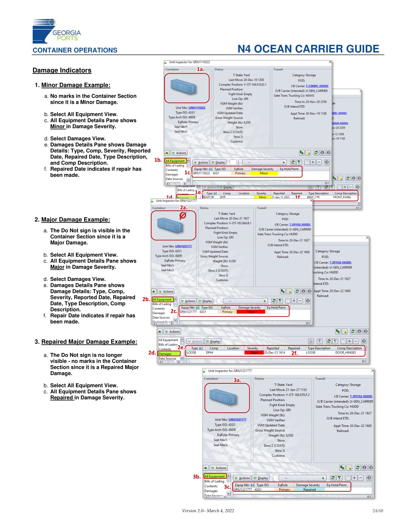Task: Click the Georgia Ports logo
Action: point(56,31)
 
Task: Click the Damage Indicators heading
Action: point(62,70)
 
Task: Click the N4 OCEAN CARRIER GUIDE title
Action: point(308,49)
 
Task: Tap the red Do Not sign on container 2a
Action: point(183,216)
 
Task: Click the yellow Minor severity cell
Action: point(264,173)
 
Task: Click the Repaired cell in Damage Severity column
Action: point(309,490)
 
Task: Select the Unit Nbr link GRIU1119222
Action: point(197,108)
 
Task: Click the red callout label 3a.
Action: point(237,380)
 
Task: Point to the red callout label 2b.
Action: point(146,299)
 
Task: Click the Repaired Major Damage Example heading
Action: point(89,342)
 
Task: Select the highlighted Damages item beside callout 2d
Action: point(169,354)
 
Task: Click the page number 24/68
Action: point(378,511)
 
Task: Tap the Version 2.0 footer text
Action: point(208,511)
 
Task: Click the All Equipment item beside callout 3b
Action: point(214,476)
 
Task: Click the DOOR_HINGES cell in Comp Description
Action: point(346,353)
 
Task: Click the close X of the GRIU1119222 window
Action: point(330,62)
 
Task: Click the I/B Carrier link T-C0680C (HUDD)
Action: point(317,86)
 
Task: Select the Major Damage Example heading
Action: point(76,220)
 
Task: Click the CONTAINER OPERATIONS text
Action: point(75,50)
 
